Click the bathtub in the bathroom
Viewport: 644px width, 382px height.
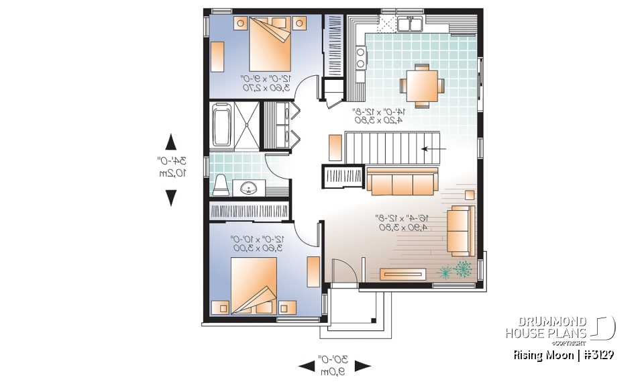221,124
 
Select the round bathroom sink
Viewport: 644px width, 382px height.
250,188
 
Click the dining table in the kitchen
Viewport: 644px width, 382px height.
422,85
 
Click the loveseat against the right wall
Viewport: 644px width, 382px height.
461,230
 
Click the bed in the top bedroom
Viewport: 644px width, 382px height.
271,45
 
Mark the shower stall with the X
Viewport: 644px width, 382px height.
246,124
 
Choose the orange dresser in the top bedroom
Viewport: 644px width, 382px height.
219,52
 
